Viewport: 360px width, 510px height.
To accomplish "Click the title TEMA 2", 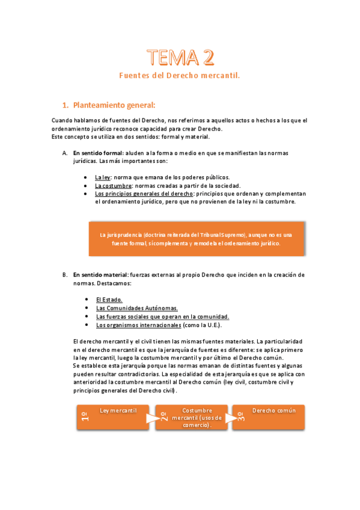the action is click(x=180, y=58).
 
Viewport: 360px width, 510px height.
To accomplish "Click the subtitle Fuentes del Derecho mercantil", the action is click(x=180, y=76).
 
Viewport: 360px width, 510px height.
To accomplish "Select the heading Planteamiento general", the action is click(x=114, y=105).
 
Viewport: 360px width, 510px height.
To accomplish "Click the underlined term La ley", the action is click(x=102, y=177).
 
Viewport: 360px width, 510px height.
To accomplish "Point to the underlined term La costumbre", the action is click(x=113, y=186).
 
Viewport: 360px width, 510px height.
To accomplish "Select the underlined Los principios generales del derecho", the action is click(x=144, y=194).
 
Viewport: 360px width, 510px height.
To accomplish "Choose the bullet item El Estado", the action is click(x=109, y=299).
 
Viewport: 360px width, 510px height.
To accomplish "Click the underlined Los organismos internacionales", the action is click(x=138, y=325).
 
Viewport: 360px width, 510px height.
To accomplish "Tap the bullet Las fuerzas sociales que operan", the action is click(x=162, y=316).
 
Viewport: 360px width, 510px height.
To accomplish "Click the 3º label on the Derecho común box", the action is click(x=240, y=417).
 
